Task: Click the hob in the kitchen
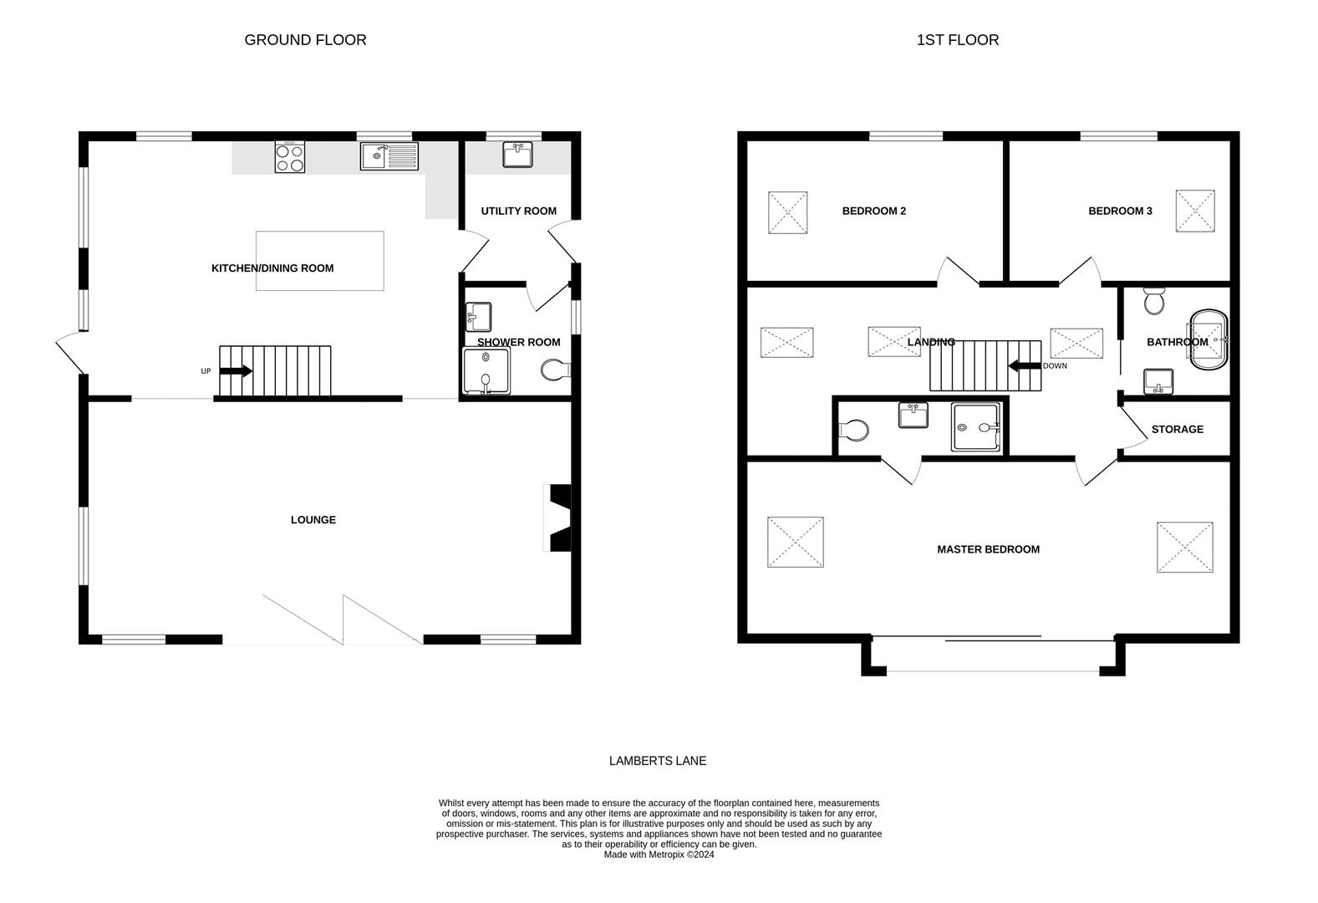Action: pos(290,157)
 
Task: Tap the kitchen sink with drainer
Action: pos(389,156)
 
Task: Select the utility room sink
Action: pos(517,155)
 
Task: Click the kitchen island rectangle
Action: pos(320,261)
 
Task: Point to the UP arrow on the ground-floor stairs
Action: pos(236,371)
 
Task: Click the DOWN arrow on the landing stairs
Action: pos(1024,365)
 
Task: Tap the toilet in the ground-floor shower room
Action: pos(554,370)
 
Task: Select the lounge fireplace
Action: pos(558,518)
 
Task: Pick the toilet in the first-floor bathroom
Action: pos(1154,302)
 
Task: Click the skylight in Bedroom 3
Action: pos(1195,211)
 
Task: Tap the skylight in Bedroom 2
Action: pos(787,212)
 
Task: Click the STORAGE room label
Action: pos(1177,429)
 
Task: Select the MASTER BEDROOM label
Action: pos(988,549)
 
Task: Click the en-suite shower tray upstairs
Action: pos(976,428)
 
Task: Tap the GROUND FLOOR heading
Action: pos(305,39)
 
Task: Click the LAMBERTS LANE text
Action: pos(657,761)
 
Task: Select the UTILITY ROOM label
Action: pos(518,211)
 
